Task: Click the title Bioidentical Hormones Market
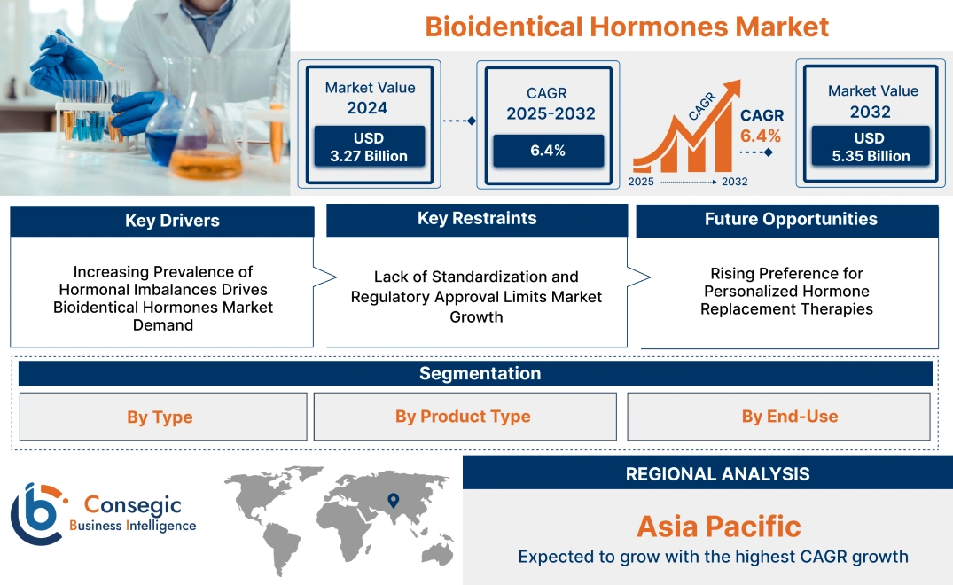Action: coord(627,26)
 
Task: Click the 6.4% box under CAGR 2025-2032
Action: coord(547,150)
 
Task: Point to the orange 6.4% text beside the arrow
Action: coord(760,136)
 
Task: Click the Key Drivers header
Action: coord(161,221)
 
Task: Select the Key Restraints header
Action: coord(476,219)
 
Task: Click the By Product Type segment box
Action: coord(464,417)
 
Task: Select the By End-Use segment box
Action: coord(779,417)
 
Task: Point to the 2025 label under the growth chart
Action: coord(642,182)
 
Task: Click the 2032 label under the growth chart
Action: coord(734,182)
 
